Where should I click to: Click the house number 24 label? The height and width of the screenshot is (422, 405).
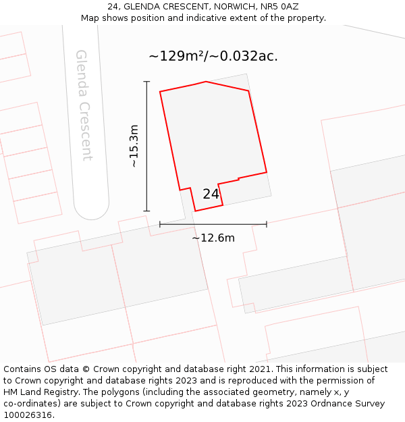(x=211, y=194)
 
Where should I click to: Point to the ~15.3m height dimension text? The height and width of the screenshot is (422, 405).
(x=134, y=146)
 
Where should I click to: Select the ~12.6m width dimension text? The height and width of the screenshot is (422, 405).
(x=213, y=238)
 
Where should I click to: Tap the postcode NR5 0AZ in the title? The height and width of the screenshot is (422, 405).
(x=279, y=7)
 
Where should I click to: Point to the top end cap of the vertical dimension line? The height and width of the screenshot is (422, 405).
(x=146, y=82)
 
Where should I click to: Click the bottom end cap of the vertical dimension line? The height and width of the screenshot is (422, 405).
(x=146, y=211)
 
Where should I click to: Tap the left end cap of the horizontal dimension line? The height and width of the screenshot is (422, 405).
(x=160, y=224)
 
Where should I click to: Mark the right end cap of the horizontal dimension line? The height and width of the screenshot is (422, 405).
(x=267, y=224)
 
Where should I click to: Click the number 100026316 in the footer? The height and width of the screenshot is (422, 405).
(x=27, y=415)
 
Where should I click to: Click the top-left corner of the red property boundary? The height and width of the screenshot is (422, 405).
(x=160, y=91)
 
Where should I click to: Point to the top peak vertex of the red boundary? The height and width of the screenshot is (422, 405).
(x=206, y=82)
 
